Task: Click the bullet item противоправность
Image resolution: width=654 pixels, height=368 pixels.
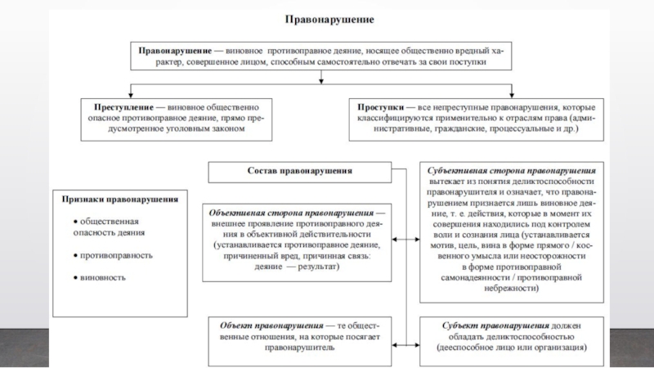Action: (116, 255)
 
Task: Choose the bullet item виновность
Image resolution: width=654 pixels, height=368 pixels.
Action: (102, 277)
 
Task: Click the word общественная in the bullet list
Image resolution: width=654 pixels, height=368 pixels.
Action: (110, 222)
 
